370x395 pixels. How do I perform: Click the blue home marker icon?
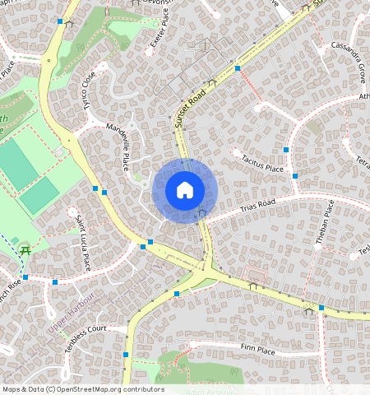coord(184,191)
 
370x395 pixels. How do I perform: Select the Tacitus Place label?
coord(262,163)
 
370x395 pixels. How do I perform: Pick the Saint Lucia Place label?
coord(82,243)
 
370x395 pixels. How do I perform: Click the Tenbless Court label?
coord(86,337)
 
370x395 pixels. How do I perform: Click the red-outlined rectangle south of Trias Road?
coord(257,272)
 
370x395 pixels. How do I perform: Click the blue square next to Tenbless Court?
coord(126,355)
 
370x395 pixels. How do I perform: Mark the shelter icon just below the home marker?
coord(201,214)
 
